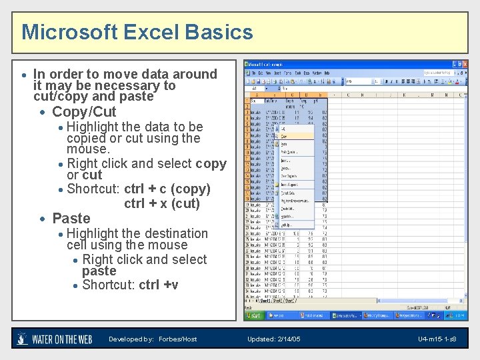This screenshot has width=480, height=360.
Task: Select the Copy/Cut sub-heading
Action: pos(84,111)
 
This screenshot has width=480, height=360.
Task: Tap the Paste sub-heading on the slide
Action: pos(71,218)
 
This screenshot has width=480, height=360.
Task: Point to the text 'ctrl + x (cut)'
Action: pos(162,203)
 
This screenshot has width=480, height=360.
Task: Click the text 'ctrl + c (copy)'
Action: pos(167,189)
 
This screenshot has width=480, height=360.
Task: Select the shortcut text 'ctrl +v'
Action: pos(159,285)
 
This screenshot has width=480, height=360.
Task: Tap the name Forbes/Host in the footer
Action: pos(178,339)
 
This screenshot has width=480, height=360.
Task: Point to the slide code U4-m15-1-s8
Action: pos(437,339)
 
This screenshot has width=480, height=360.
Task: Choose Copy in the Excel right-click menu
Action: pos(285,136)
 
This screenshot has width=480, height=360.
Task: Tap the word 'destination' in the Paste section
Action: pos(175,233)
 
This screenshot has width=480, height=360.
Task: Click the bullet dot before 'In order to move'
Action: pos(24,75)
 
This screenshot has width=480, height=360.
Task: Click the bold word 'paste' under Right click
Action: pos(99,271)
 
